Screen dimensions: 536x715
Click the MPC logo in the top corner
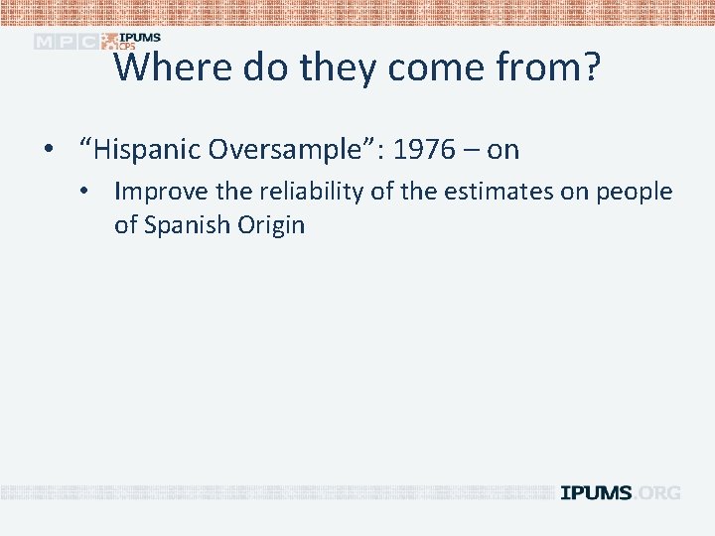click(66, 42)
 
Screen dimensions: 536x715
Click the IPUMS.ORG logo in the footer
click(621, 493)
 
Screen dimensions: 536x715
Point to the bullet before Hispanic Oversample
click(48, 151)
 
